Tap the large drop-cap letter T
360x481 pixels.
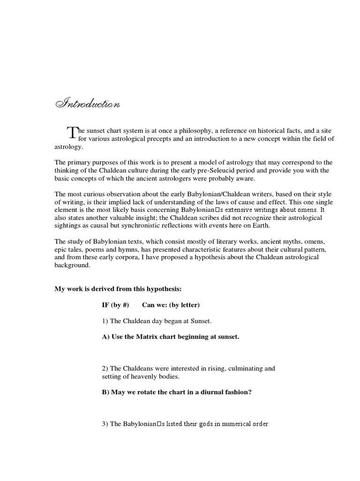click(71, 133)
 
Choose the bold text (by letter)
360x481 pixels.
click(182, 305)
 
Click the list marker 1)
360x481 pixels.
click(105, 321)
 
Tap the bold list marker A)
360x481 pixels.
click(106, 337)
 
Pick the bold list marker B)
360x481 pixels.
click(106, 392)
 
